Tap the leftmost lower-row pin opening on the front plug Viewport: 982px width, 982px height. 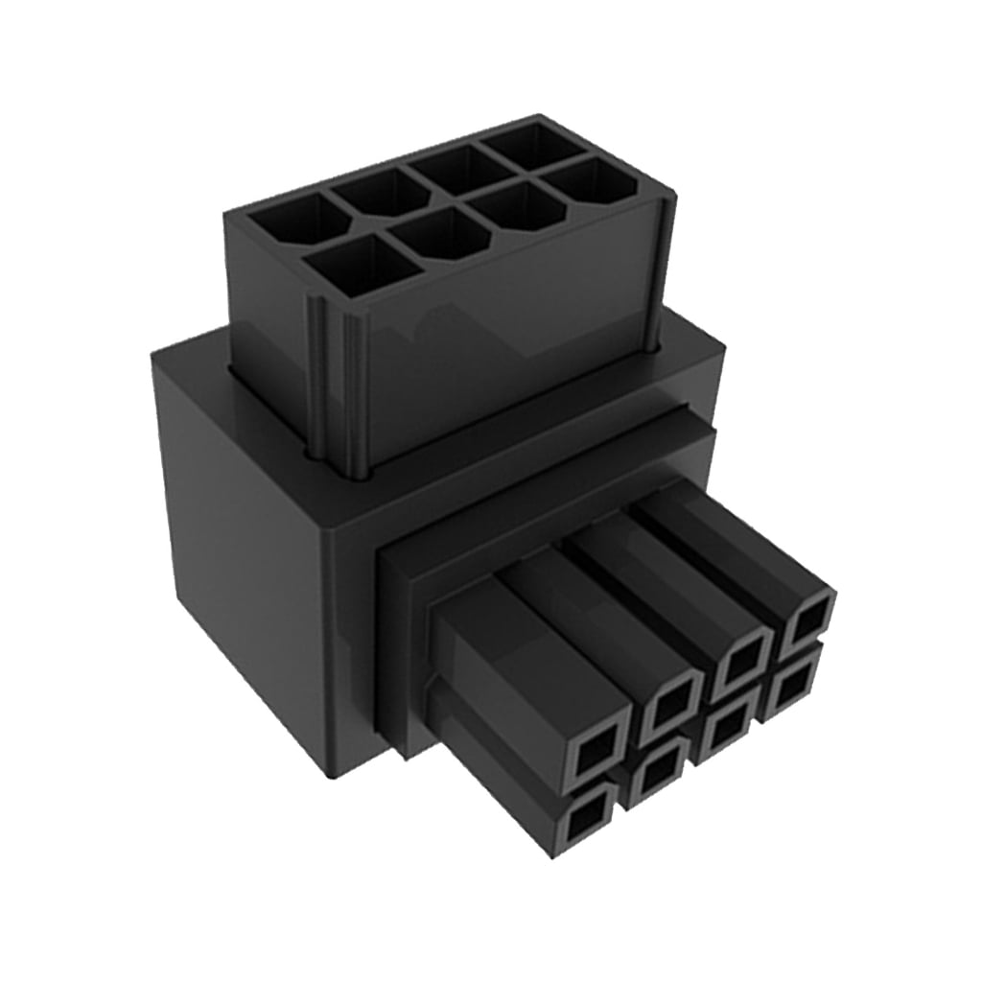[583, 821]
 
